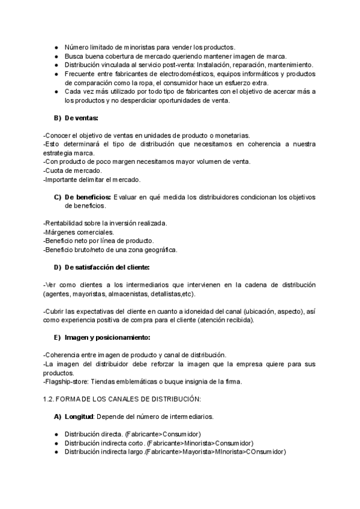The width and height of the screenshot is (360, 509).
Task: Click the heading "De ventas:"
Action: tap(82, 118)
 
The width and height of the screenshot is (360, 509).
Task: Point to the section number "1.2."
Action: tap(50, 399)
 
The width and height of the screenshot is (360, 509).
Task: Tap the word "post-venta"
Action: tap(172, 64)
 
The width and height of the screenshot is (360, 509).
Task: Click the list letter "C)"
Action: tap(58, 197)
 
